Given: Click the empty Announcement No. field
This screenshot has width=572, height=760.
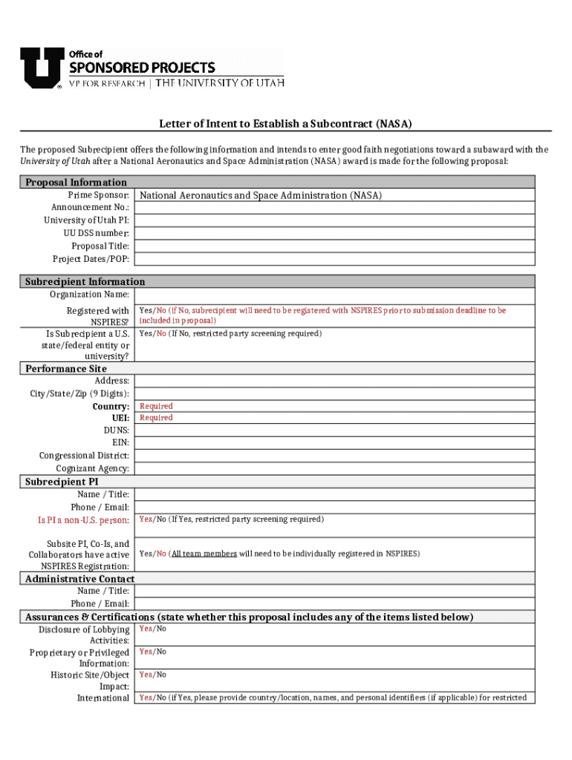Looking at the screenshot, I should coord(334,208).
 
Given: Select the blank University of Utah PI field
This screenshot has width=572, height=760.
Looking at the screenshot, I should coord(334,220).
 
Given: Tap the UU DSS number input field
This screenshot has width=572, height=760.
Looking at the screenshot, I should coord(334,233).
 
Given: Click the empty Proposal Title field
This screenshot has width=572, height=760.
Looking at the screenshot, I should coord(334,246).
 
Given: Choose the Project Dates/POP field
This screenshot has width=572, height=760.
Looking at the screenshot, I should coord(334,259).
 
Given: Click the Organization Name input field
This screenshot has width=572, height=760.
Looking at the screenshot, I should coord(334,295).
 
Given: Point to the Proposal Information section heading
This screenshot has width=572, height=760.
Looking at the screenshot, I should coord(76,183).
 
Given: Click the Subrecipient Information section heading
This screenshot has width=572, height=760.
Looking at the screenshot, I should coord(85,282).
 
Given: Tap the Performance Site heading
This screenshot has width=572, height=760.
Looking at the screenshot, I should coord(66,369).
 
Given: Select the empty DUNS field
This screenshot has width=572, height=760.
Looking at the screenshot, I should coord(334,430).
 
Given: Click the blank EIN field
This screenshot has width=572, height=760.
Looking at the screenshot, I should coord(334,443).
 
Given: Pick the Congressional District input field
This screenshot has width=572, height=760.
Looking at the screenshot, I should coord(334,456).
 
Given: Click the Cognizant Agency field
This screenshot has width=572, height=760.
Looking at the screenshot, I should coord(334,468).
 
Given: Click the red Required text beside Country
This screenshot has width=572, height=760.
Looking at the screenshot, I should coord(156,407).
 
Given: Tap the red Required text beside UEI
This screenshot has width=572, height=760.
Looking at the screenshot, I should coord(156,418).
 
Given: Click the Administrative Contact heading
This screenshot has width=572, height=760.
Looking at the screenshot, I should coord(79,579).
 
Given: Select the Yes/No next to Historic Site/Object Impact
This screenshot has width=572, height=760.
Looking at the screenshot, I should coord(153,675).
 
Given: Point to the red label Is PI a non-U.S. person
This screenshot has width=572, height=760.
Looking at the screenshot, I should coord(83,520).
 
